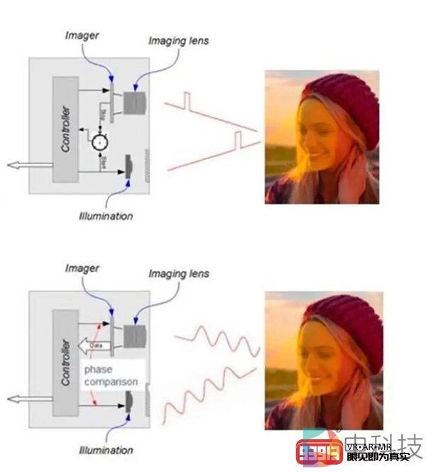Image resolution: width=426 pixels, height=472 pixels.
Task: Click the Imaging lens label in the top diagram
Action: [178, 41]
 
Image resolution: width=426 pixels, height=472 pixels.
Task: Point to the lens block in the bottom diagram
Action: [133, 336]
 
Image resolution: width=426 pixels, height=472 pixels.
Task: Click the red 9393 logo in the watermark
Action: [318, 451]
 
